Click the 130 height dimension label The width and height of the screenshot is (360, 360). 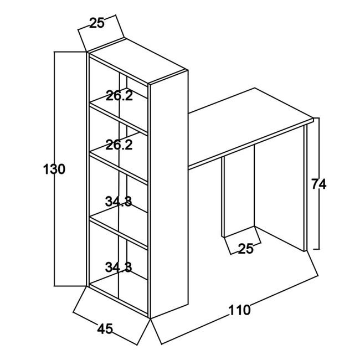54,169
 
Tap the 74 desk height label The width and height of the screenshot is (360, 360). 318,184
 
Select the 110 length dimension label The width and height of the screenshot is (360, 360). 239,310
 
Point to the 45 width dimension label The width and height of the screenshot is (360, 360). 105,329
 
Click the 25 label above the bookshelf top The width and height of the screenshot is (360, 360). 97,23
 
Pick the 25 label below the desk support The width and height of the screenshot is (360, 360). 245,249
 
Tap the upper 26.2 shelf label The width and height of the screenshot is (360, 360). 119,96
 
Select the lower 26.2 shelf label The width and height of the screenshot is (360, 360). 119,145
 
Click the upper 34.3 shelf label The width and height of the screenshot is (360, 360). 119,202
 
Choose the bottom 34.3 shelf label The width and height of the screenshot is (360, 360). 119,267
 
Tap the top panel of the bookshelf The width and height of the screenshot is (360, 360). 137,60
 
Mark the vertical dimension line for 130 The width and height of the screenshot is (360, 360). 54,169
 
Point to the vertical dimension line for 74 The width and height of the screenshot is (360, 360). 318,183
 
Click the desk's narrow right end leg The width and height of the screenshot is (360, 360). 305,188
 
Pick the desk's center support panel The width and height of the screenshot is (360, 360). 239,191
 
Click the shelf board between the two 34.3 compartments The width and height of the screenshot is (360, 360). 119,232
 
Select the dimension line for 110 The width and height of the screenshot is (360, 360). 240,310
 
